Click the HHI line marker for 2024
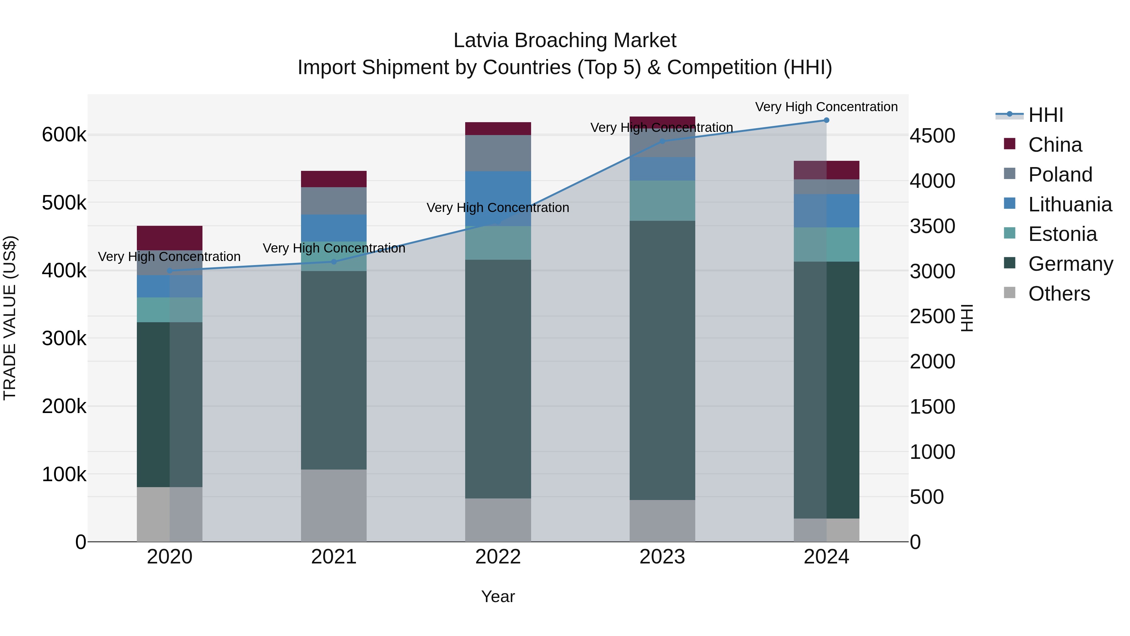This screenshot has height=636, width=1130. (x=826, y=120)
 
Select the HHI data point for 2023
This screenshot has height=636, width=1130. (x=662, y=141)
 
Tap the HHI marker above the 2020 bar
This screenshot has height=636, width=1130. (x=170, y=270)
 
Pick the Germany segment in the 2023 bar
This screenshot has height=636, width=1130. (x=662, y=360)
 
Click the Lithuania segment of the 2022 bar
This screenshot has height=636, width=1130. (x=498, y=198)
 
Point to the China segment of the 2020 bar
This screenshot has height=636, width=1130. (x=170, y=238)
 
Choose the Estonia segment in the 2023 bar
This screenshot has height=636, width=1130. (x=662, y=201)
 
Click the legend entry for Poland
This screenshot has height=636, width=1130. (x=1060, y=175)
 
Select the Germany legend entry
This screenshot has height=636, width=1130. (x=1070, y=264)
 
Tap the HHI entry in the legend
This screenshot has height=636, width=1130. (x=1046, y=115)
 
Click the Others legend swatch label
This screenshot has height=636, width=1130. (x=1059, y=294)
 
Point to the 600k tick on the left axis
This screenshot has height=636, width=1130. (x=64, y=135)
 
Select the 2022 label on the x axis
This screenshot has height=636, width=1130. (x=498, y=557)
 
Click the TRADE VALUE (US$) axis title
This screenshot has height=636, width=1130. (x=10, y=318)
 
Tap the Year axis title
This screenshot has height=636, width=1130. (x=498, y=596)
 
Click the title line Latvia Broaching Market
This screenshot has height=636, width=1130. (x=565, y=41)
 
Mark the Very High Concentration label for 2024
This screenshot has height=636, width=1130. (x=826, y=107)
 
